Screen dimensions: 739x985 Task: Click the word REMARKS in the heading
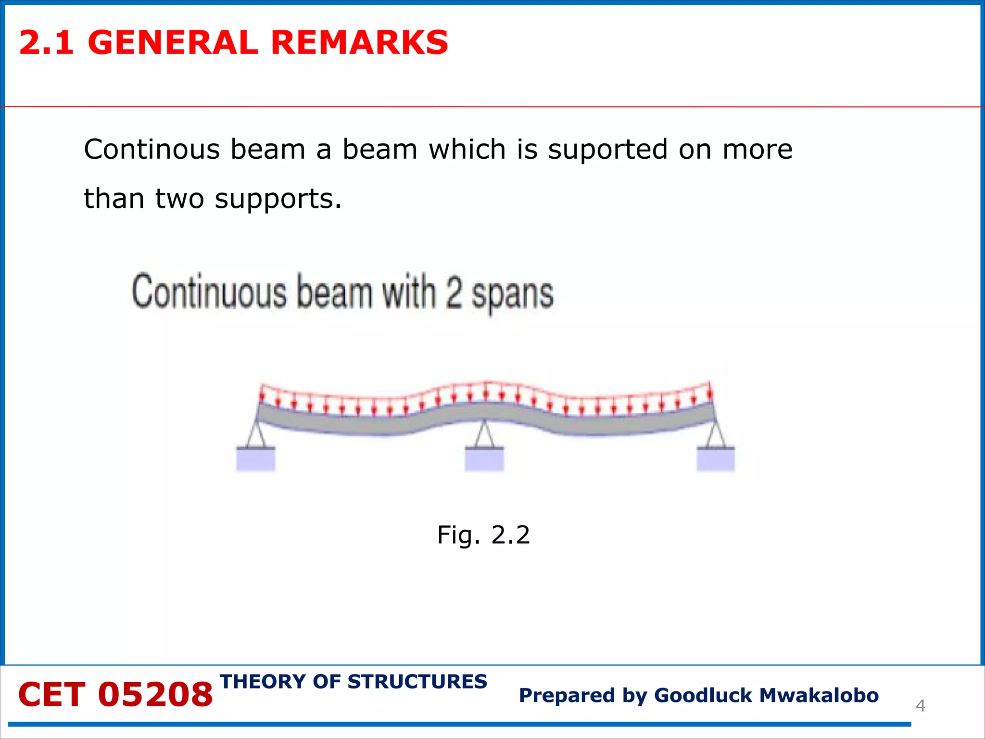pyautogui.click(x=359, y=42)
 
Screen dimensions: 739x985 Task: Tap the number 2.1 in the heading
pyautogui.click(x=47, y=42)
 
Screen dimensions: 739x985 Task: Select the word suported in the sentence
pyautogui.click(x=608, y=150)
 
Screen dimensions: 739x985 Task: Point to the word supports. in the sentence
pyautogui.click(x=278, y=199)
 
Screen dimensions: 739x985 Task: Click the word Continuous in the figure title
pyautogui.click(x=209, y=292)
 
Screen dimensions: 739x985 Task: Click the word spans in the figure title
pyautogui.click(x=513, y=294)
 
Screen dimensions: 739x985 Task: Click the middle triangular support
pyautogui.click(x=484, y=435)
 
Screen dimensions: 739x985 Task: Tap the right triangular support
pyautogui.click(x=716, y=435)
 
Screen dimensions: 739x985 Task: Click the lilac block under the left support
pyautogui.click(x=256, y=460)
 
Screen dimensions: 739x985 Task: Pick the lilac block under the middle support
pyautogui.click(x=484, y=460)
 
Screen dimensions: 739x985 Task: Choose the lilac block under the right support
pyautogui.click(x=716, y=460)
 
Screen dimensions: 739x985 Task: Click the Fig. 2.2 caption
pyautogui.click(x=483, y=535)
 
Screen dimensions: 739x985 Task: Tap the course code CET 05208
pyautogui.click(x=115, y=695)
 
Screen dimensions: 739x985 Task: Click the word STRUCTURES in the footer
pyautogui.click(x=417, y=682)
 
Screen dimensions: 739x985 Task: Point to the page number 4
pyautogui.click(x=920, y=706)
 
